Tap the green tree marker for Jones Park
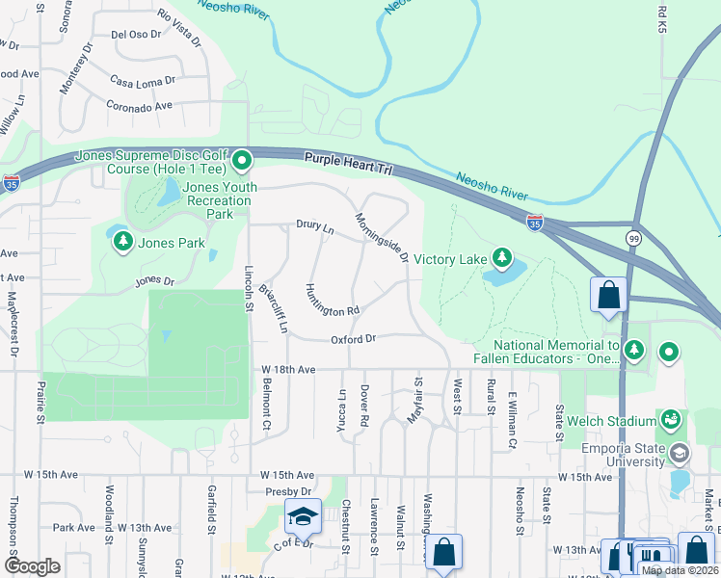(122, 243)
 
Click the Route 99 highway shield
(633, 237)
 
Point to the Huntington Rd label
(331, 301)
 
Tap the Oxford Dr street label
(353, 339)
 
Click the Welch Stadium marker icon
(671, 419)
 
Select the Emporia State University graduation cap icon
(679, 453)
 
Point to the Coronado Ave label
(139, 106)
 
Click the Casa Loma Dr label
(144, 82)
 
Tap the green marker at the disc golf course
(242, 160)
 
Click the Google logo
(33, 565)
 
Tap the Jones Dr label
(154, 281)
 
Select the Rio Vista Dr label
(180, 28)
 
